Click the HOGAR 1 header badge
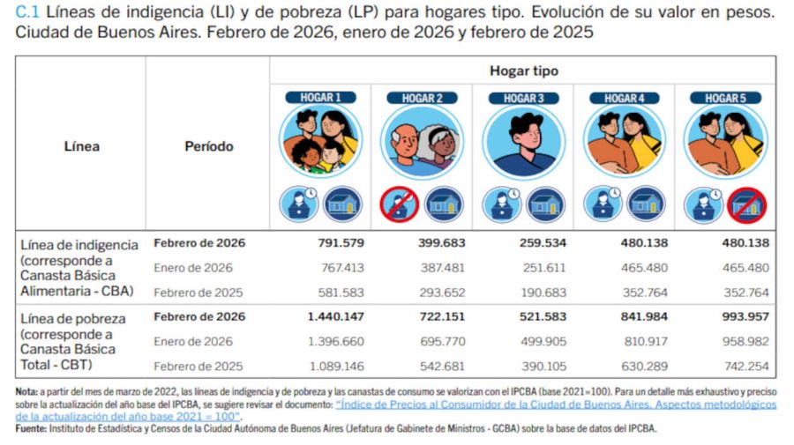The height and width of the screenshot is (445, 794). (320, 98)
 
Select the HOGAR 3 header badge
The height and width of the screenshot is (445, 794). (523, 98)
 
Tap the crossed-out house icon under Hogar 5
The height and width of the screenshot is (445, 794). (747, 205)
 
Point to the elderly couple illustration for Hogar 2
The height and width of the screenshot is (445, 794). (422, 142)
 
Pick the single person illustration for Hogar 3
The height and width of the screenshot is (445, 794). (523, 142)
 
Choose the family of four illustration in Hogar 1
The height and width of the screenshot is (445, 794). (320, 142)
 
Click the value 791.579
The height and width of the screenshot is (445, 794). (339, 243)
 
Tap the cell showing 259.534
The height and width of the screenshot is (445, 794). (541, 243)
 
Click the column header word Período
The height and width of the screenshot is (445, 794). (208, 146)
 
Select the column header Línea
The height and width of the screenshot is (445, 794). (81, 146)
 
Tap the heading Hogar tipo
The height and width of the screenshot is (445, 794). (523, 70)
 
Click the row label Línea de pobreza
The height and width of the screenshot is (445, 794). (72, 318)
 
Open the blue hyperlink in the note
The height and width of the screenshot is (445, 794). (556, 404)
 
